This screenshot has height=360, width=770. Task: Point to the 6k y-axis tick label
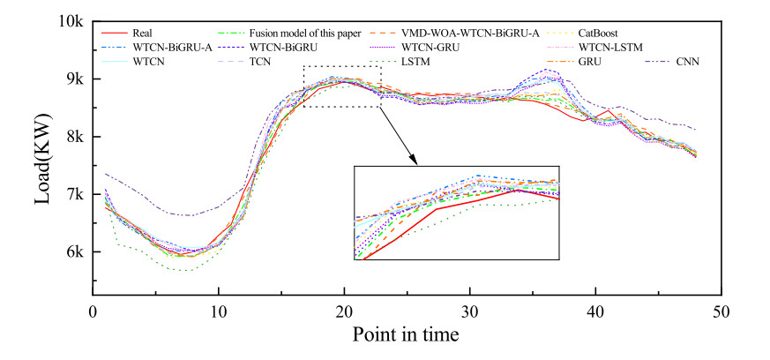tap(72, 252)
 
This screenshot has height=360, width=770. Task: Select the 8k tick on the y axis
tap(72, 137)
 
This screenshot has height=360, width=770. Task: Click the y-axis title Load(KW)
tap(42, 158)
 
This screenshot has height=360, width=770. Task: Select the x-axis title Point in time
tap(405, 335)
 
